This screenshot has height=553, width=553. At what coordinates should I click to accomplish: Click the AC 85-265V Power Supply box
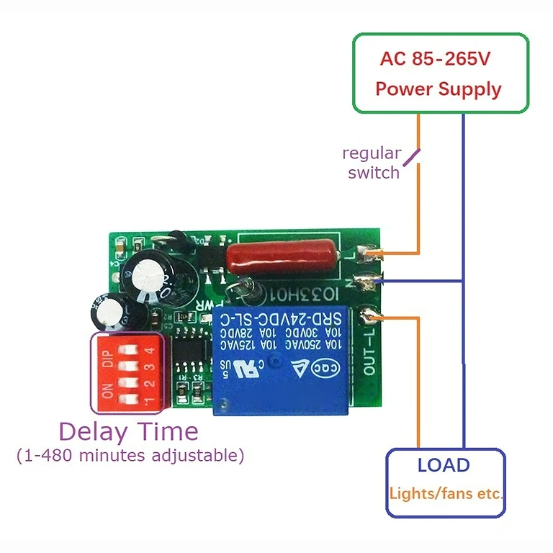(440, 73)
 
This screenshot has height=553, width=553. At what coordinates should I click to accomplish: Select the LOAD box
(445, 482)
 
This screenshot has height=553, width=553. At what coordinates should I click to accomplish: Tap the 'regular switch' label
(372, 163)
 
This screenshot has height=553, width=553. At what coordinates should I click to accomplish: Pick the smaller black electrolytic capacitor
(107, 309)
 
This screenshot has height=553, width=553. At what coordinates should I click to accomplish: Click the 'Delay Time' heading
(128, 431)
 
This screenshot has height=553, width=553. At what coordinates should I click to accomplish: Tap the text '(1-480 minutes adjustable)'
(130, 456)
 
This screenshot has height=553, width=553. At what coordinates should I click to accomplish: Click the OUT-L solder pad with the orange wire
(371, 315)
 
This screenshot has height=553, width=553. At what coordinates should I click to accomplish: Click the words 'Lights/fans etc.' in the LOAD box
(446, 495)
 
